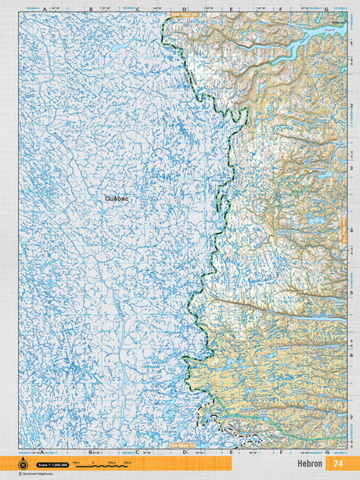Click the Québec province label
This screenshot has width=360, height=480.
pyautogui.click(x=117, y=199)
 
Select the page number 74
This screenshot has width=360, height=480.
pyautogui.click(x=338, y=464)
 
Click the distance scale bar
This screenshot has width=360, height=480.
pyautogui.click(x=102, y=464)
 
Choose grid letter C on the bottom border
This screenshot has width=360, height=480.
pyautogui.click(x=137, y=453)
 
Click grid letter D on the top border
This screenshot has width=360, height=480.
pyautogui.click(x=184, y=9)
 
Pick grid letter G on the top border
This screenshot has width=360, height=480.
pyautogui.click(x=326, y=9)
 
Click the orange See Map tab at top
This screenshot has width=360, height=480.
pyautogui.click(x=184, y=14)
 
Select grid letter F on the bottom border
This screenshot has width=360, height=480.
pyautogui.click(x=279, y=453)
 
